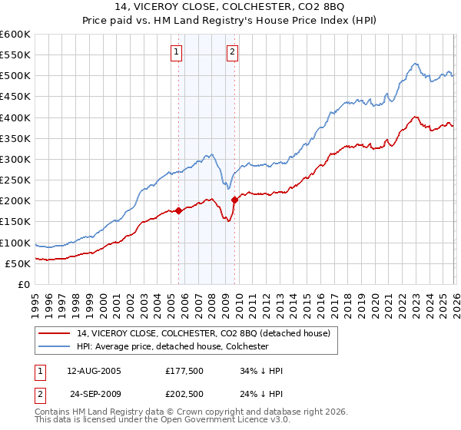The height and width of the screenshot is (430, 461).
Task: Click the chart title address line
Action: tap(230, 7)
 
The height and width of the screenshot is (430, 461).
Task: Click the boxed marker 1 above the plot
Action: tap(177, 52)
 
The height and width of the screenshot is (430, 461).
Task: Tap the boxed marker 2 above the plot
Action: tap(232, 52)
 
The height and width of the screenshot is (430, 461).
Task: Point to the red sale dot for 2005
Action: tap(178, 210)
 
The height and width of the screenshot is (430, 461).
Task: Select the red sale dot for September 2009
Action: tap(234, 200)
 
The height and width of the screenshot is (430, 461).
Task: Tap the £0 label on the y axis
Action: tap(25, 284)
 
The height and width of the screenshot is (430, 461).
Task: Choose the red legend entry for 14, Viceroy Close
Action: tap(204, 333)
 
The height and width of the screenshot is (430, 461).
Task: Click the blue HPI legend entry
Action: tap(172, 346)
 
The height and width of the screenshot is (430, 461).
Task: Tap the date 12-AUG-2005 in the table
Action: tap(95, 371)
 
